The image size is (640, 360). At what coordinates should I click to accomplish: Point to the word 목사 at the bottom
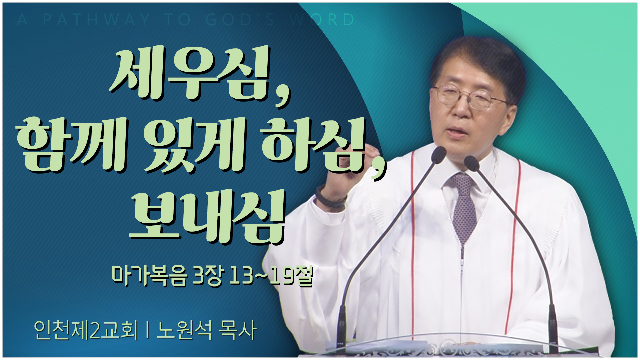point(237,330)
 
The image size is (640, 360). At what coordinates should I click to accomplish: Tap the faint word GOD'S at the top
point(240,20)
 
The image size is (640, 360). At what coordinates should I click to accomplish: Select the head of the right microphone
point(471,163)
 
